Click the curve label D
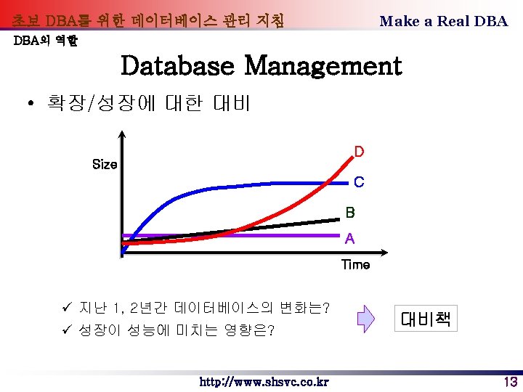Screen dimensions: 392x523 click(x=359, y=152)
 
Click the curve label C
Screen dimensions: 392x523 click(x=359, y=182)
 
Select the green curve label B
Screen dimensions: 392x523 click(x=350, y=213)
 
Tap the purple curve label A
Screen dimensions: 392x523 click(x=350, y=238)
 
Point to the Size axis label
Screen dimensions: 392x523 click(x=105, y=165)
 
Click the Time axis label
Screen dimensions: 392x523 click(x=355, y=265)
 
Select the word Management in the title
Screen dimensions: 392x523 click(x=323, y=66)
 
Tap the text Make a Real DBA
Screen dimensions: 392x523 click(x=443, y=21)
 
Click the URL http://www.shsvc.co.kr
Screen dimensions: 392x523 click(x=264, y=382)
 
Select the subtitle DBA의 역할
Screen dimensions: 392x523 click(x=46, y=41)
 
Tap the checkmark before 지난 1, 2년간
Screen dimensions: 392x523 click(x=66, y=308)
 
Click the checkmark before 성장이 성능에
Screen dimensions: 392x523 click(x=66, y=331)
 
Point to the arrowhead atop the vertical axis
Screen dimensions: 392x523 click(x=122, y=135)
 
